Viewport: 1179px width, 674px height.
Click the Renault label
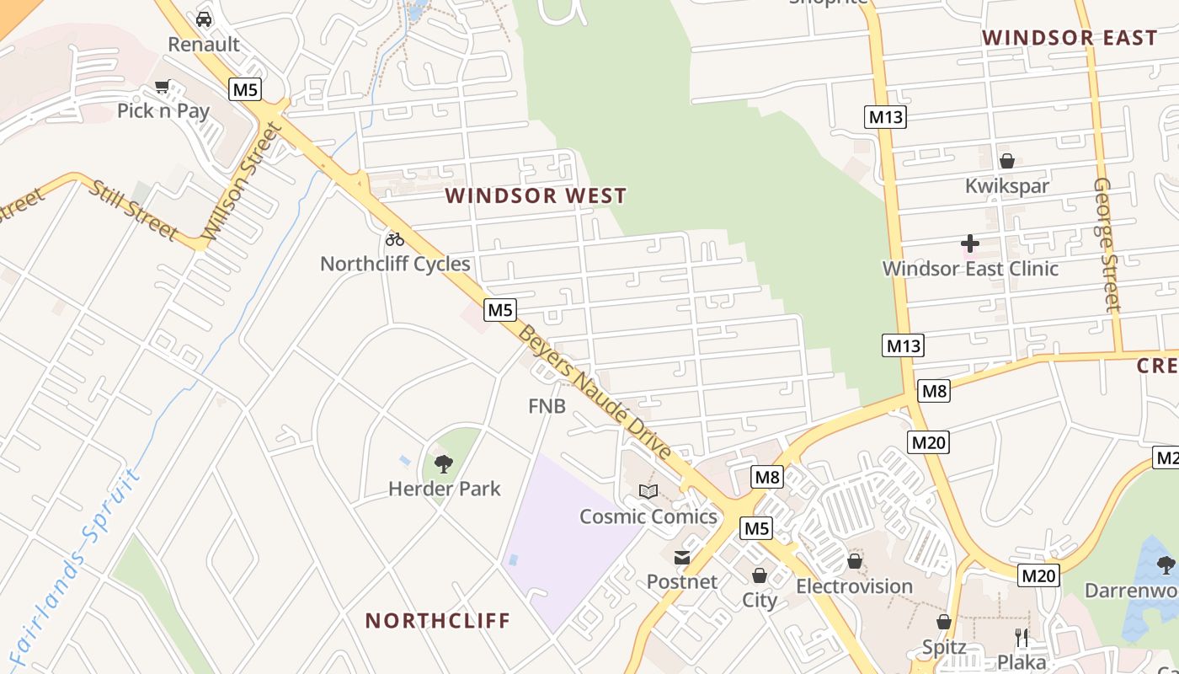[204, 44]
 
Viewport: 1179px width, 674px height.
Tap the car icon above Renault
[204, 19]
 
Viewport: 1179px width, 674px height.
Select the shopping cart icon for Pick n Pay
[163, 86]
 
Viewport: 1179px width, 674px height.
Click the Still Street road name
[134, 209]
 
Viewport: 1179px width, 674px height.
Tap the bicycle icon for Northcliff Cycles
[394, 239]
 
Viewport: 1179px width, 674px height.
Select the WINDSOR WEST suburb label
[536, 195]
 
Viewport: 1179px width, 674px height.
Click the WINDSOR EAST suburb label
[1070, 38]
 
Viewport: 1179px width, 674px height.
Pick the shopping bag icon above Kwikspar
[1006, 161]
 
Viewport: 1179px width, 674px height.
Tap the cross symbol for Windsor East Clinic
[970, 244]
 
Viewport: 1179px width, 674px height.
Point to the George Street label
[1107, 244]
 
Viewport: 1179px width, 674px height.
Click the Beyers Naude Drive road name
[595, 393]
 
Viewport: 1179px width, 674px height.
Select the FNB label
[547, 406]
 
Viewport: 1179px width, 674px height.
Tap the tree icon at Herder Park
[444, 463]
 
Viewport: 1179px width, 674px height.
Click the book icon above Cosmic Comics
[648, 491]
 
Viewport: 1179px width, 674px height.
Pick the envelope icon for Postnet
[681, 557]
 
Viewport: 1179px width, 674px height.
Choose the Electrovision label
[854, 586]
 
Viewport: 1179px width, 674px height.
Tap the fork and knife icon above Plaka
[1022, 637]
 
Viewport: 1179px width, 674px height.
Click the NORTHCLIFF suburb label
[438, 621]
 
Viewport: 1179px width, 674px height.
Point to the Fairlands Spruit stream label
[76, 560]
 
